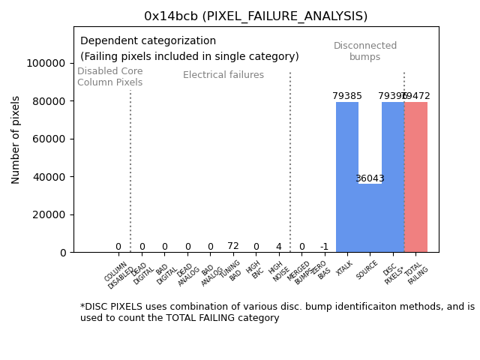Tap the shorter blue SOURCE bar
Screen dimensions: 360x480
[370, 217]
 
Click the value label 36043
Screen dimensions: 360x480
[370, 178]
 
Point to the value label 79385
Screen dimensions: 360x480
[347, 96]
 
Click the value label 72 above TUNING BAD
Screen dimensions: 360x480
[233, 246]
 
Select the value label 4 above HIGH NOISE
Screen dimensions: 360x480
[278, 246]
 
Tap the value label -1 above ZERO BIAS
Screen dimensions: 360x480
[324, 247]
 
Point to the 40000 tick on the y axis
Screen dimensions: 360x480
[49, 177]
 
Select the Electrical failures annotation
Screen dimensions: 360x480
[223, 75]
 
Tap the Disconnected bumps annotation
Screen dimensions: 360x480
[365, 51]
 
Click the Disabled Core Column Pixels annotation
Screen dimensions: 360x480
[109, 76]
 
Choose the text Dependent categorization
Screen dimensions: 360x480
[148, 41]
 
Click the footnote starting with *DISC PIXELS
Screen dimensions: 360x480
[277, 312]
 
